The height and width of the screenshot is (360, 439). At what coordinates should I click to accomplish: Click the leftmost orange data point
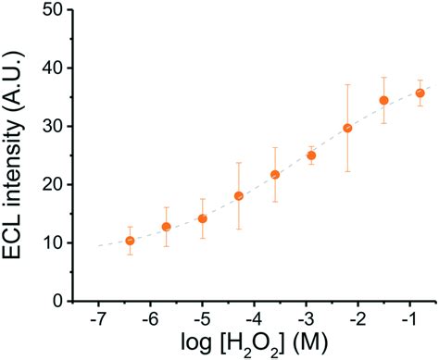(130, 241)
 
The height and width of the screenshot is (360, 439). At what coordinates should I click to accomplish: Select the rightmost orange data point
(420, 93)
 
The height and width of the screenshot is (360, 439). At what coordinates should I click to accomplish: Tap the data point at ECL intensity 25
(311, 155)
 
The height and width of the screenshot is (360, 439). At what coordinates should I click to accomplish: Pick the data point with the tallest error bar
(347, 128)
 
